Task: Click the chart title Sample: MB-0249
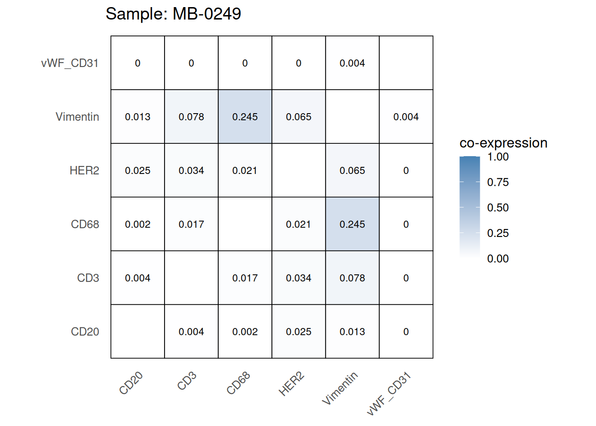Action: (x=173, y=14)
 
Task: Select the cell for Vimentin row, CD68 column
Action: (x=245, y=117)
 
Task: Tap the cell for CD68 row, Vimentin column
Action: (x=352, y=224)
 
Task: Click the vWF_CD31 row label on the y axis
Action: (x=70, y=63)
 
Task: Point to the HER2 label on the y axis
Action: (x=84, y=170)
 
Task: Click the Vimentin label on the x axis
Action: (x=340, y=388)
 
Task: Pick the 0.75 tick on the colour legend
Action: (x=498, y=182)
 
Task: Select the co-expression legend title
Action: (x=503, y=143)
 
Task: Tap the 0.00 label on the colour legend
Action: (x=498, y=259)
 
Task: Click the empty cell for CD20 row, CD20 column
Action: (x=137, y=331)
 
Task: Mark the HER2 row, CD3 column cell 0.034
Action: (x=191, y=170)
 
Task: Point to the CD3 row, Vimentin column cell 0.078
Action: (x=352, y=278)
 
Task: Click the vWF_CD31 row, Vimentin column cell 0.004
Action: (x=352, y=63)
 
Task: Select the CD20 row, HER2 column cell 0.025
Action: (x=298, y=331)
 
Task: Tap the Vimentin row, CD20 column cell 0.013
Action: (x=137, y=117)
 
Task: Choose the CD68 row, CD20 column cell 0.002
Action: (x=137, y=224)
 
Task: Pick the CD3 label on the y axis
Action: (x=88, y=278)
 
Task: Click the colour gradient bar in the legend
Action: (x=470, y=207)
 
